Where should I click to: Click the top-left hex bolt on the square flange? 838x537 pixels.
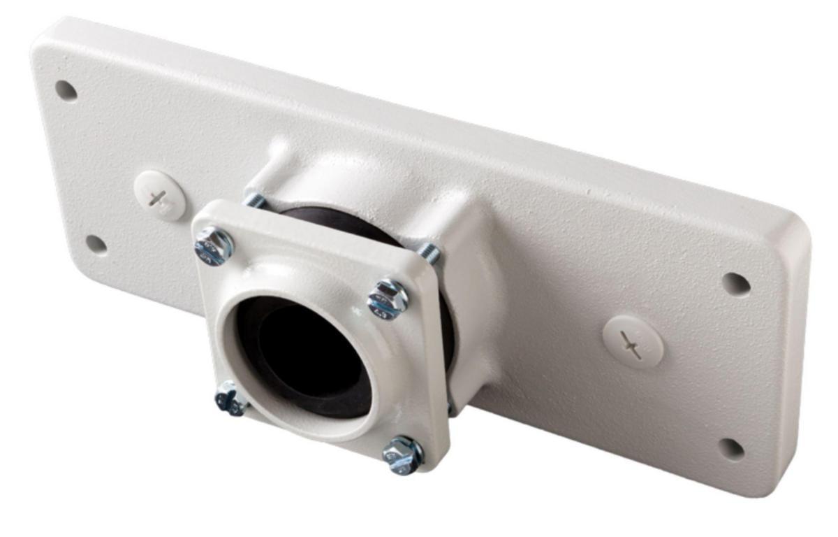pyautogui.click(x=213, y=245)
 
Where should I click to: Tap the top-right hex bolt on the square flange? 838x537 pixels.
pyautogui.click(x=388, y=299)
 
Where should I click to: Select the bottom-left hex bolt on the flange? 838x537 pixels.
pyautogui.click(x=230, y=399)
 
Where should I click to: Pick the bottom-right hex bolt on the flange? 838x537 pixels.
pyautogui.click(x=403, y=454)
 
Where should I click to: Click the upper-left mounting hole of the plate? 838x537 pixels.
pyautogui.click(x=66, y=91)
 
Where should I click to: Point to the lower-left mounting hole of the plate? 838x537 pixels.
pyautogui.click(x=96, y=244)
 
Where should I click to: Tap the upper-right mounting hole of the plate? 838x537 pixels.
pyautogui.click(x=735, y=284)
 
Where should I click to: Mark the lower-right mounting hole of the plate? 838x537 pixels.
pyautogui.click(x=731, y=448)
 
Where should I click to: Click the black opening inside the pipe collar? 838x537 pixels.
pyautogui.click(x=307, y=357)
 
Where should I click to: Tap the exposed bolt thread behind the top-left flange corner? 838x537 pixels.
pyautogui.click(x=254, y=200)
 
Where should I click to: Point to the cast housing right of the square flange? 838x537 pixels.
pyautogui.click(x=482, y=308)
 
